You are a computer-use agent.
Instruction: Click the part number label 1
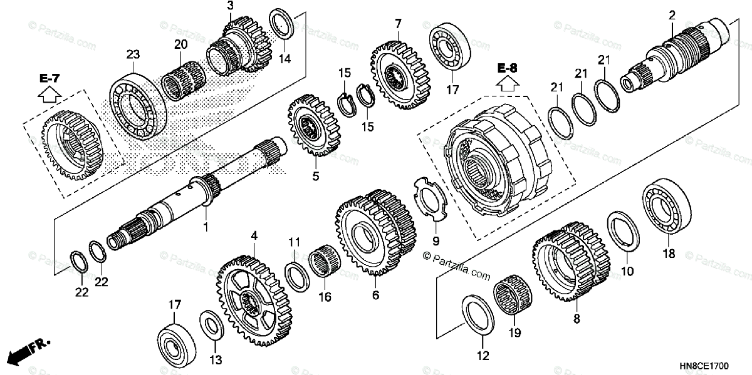[205, 227]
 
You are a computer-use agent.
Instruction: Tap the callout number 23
[132, 55]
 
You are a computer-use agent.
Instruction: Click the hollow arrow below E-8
[508, 83]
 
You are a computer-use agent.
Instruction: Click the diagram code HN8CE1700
[713, 363]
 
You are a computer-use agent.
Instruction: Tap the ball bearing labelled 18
[666, 208]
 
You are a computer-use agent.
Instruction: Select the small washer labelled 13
[211, 327]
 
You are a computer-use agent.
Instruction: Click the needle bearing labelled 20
[183, 81]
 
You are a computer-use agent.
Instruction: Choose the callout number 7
[397, 24]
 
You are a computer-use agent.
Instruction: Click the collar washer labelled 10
[624, 232]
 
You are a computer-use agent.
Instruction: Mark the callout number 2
[672, 14]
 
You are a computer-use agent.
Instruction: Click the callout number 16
[324, 297]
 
